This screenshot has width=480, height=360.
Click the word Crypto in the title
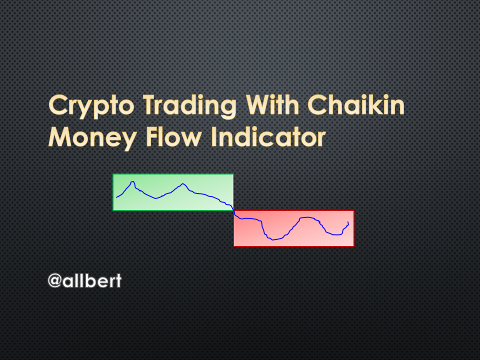point(91,106)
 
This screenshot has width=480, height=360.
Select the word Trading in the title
point(190,106)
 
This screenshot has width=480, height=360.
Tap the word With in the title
point(272,104)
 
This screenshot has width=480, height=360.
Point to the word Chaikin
point(355,104)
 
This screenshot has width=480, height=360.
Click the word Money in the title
point(92,138)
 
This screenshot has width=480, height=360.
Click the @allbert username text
point(85,280)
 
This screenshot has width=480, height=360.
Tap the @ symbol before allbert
point(55,280)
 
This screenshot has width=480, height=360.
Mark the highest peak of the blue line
point(133,182)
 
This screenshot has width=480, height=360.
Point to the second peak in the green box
point(183,183)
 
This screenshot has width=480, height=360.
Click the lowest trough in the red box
point(273,239)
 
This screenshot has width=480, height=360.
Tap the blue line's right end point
point(348,222)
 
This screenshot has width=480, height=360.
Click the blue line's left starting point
point(116,197)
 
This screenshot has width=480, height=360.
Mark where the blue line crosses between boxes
point(234,211)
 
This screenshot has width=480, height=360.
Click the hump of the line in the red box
point(307,217)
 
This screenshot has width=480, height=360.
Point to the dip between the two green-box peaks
point(155,198)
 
